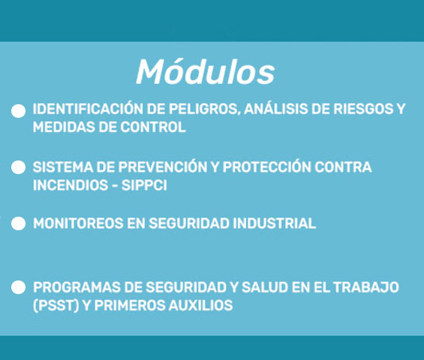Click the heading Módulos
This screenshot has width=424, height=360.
click(x=206, y=72)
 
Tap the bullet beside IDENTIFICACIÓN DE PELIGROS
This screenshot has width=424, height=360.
click(x=19, y=111)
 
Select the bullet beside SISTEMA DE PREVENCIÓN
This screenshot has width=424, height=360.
click(x=19, y=167)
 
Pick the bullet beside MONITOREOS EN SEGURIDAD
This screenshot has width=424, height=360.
click(x=19, y=223)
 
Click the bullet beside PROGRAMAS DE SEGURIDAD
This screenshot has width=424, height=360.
click(x=19, y=287)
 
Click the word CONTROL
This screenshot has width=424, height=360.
click(x=153, y=127)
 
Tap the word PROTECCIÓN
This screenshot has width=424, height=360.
click(x=267, y=166)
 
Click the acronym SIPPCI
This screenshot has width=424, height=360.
click(x=144, y=185)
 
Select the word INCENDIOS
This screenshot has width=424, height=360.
click(x=71, y=185)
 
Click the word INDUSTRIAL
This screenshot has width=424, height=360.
click(x=274, y=223)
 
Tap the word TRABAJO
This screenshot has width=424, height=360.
click(x=366, y=287)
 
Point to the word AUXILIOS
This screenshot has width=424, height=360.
click(x=200, y=305)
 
